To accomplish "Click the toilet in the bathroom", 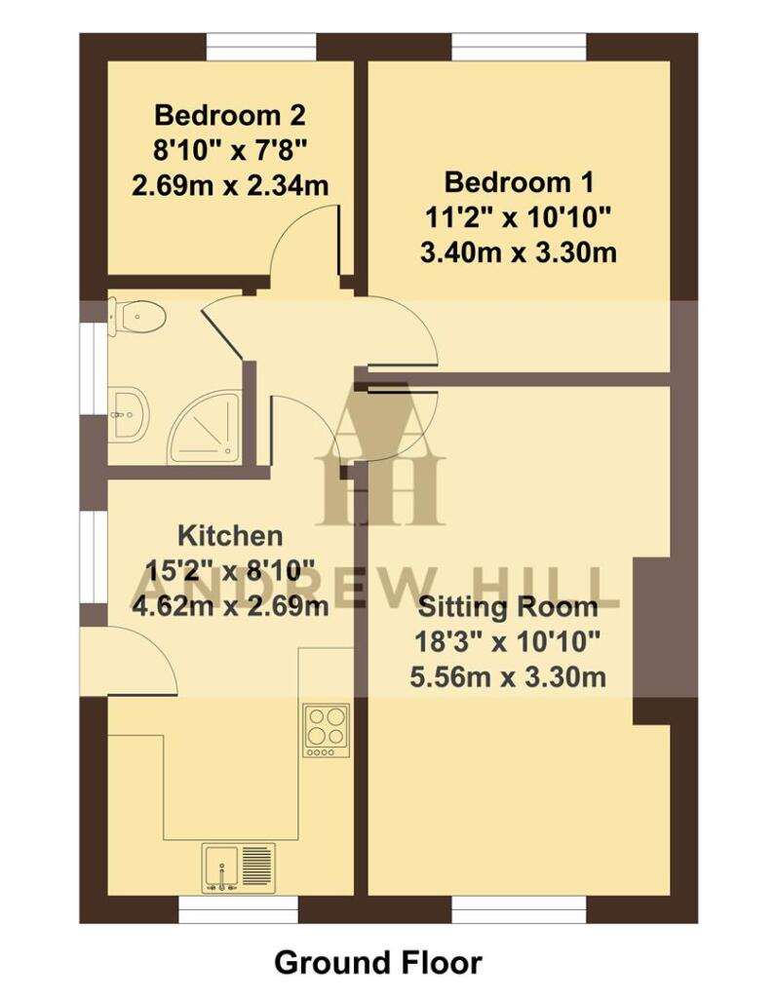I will click(136, 316).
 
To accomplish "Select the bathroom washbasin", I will click(127, 413).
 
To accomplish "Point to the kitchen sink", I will click(239, 867).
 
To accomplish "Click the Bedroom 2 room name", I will click(230, 116).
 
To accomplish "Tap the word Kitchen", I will click(230, 535).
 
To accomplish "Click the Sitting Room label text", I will click(508, 607).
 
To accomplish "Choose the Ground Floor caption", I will click(377, 963).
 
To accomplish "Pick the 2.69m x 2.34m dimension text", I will click(230, 185).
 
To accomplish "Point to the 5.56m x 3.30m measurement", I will click(508, 676).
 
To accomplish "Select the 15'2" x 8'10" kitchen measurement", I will click(230, 570).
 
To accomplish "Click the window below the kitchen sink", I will click(239, 909).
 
